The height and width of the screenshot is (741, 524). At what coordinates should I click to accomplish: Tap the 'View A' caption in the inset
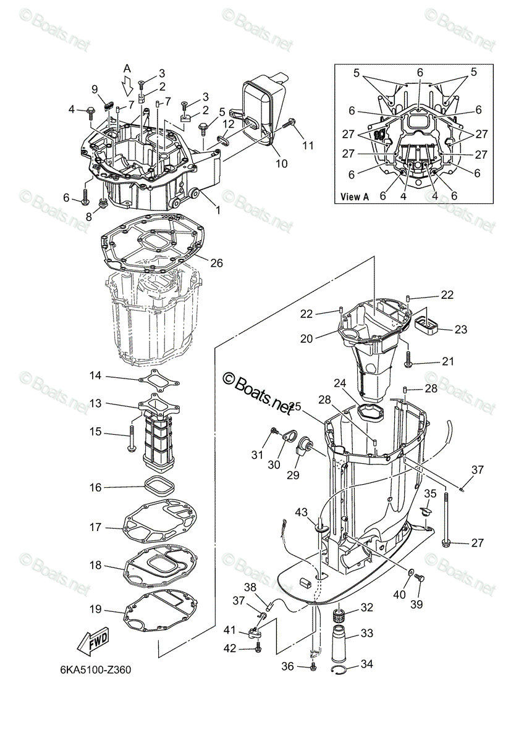tap(355, 197)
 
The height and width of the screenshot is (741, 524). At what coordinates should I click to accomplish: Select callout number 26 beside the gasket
tap(216, 262)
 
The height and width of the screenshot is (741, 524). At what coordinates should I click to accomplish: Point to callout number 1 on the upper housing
tap(217, 211)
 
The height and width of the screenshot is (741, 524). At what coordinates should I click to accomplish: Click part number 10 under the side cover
tap(281, 164)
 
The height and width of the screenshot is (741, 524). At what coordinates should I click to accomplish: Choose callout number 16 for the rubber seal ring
tap(95, 487)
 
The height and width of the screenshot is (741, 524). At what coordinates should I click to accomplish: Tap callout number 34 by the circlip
tap(367, 664)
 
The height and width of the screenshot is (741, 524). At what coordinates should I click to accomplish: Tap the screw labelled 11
tap(289, 125)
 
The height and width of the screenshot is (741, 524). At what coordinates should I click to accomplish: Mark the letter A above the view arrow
tap(127, 68)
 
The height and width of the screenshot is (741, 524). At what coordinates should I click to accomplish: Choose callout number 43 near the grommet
tap(301, 513)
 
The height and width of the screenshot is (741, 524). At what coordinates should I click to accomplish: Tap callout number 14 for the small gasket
tap(95, 375)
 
